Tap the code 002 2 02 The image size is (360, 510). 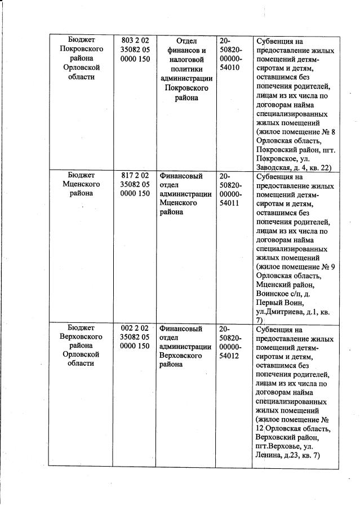[135, 327]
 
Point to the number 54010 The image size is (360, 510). [230, 68]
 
